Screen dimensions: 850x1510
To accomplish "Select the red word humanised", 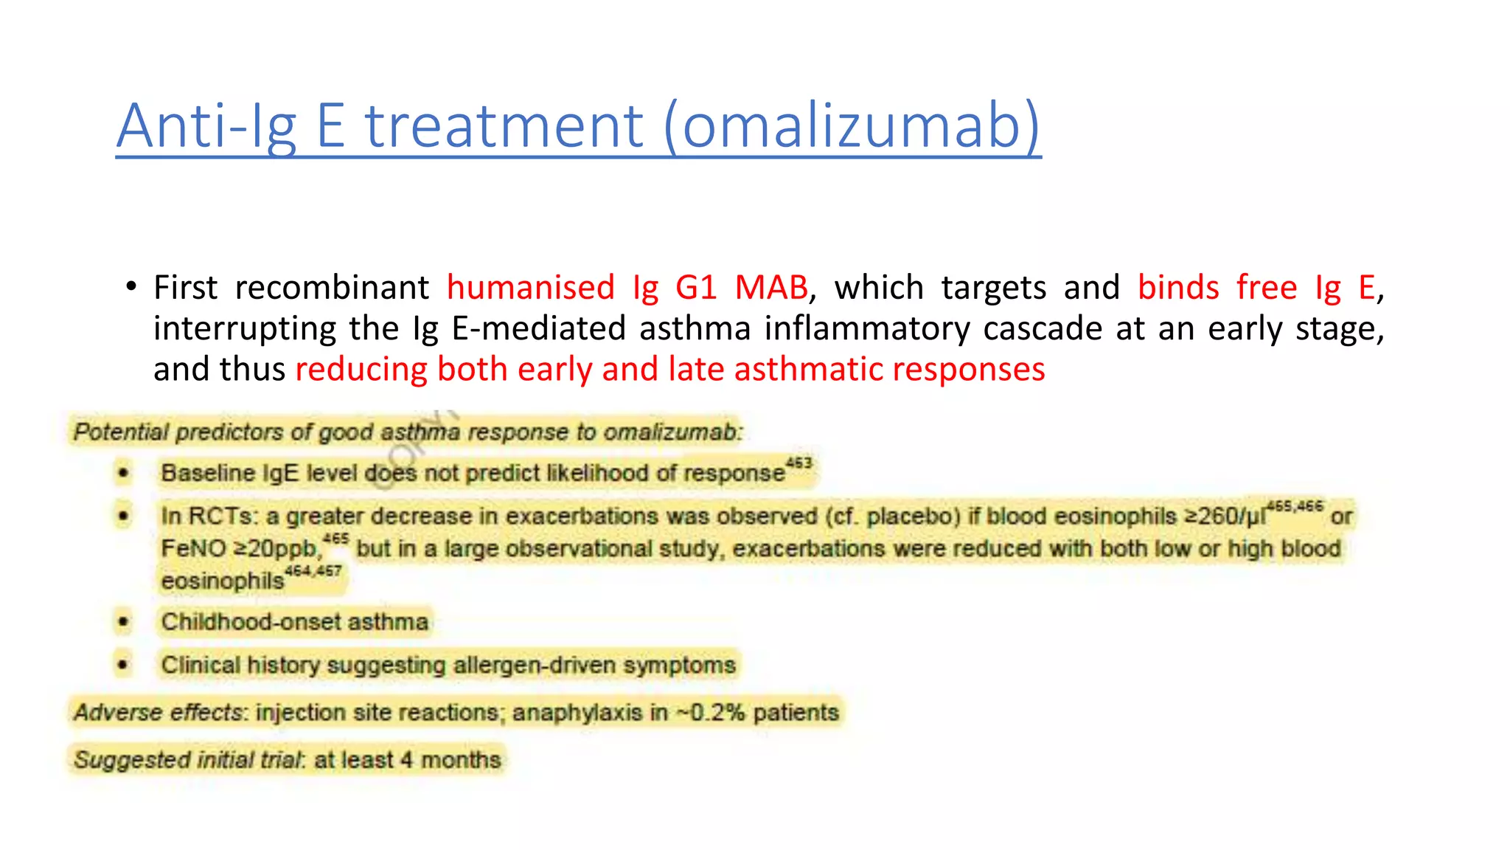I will tap(530, 287).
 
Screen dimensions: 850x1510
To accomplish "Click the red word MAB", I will tap(771, 287).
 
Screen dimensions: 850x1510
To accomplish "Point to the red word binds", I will tap(1178, 287).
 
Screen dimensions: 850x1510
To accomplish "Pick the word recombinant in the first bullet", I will tap(332, 287).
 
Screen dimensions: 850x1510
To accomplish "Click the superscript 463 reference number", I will tap(799, 463).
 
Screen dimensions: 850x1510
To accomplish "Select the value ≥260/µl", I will tap(1224, 516).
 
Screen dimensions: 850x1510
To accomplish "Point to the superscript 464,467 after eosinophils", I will tap(313, 571).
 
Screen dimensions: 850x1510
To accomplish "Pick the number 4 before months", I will tap(406, 760).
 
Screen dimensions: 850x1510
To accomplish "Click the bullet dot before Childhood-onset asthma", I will tap(123, 622).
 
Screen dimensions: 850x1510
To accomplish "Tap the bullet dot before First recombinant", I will tap(131, 286).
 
